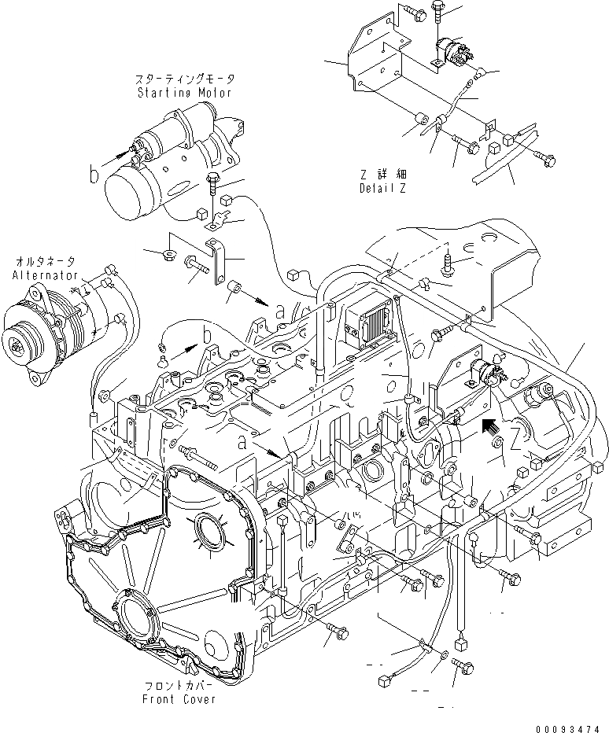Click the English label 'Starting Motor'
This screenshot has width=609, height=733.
(x=185, y=93)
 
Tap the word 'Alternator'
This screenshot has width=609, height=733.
(x=46, y=275)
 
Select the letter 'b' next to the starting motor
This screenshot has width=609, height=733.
(x=95, y=175)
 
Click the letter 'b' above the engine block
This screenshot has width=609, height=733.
(x=207, y=337)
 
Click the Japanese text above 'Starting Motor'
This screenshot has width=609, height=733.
(x=185, y=80)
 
